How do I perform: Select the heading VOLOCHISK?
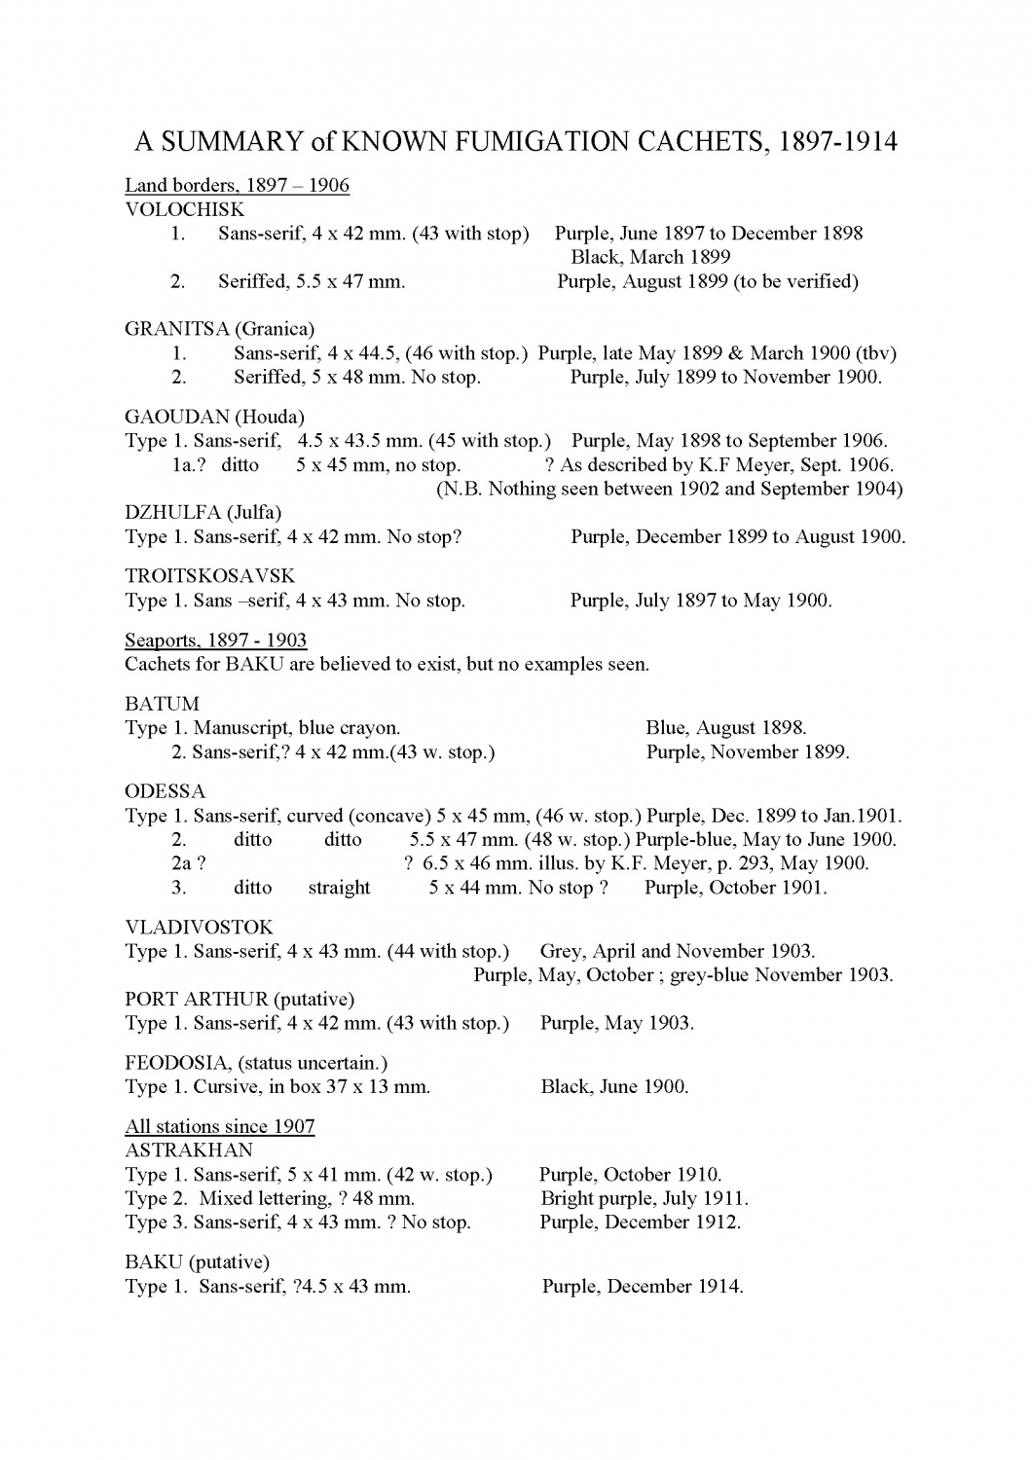[x=185, y=209]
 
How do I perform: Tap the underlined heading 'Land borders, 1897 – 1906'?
[x=237, y=185]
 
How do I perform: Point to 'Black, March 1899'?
[x=649, y=258]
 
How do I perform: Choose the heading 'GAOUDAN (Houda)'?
[x=214, y=418]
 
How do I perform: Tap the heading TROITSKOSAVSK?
[x=209, y=576]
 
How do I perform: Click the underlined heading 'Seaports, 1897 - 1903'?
[x=215, y=640]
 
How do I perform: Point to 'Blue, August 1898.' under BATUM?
[x=725, y=728]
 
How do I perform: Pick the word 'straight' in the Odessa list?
[x=339, y=888]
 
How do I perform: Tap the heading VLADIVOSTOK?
[x=199, y=928]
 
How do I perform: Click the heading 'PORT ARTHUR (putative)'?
[x=240, y=1000]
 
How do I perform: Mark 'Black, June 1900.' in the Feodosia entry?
[x=614, y=1087]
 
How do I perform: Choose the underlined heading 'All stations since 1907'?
[x=219, y=1127]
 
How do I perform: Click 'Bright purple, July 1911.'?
[x=644, y=1199]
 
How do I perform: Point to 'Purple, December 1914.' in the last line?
[x=642, y=1287]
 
